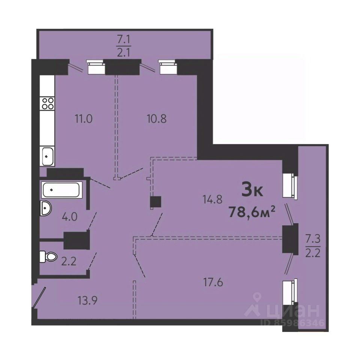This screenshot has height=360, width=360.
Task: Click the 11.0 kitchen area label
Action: pos(84,119)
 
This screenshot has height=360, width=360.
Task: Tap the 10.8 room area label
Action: pos(157,119)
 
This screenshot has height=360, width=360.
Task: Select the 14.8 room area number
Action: pos(213,199)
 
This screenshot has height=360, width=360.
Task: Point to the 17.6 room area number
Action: pos(213,282)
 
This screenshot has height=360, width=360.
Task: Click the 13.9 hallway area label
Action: pos(87,300)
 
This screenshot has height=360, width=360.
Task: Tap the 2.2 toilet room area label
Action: pos(69,261)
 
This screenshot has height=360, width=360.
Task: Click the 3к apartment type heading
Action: pos(252,189)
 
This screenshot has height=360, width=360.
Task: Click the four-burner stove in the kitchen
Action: pos(47,103)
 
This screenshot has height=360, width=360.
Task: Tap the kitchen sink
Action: pos(47,156)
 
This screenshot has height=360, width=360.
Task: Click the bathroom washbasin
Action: pos(46,208)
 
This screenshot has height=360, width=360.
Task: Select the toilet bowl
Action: pos(48,256)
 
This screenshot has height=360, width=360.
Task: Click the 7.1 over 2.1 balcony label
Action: pos(124,46)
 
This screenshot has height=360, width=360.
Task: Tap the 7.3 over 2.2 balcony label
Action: pos(313,246)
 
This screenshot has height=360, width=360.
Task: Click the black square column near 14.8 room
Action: pos(155,202)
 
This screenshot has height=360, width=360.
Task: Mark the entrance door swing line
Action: pos(39,297)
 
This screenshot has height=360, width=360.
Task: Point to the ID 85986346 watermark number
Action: pos(293,323)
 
